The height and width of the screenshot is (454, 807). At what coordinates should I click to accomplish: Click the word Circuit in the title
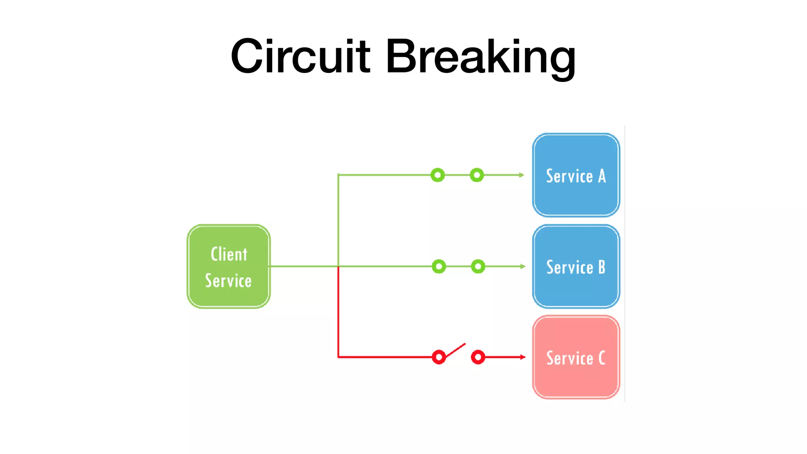coord(300,56)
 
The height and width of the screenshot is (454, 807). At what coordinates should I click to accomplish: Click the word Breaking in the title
coord(481,56)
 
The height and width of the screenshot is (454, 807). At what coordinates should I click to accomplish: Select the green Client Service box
coord(229,266)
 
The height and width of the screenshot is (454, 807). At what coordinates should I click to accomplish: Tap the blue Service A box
coord(576,175)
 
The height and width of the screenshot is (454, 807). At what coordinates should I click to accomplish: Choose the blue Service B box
coord(576,266)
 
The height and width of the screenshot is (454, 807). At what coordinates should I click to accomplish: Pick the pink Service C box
coord(576,357)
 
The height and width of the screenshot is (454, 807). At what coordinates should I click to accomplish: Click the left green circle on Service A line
coord(437,175)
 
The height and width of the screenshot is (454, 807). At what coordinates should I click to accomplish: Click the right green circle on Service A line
coord(477,175)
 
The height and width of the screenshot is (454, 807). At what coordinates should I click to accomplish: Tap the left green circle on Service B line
coord(439,266)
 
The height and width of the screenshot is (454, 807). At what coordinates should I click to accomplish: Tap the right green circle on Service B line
coord(478,266)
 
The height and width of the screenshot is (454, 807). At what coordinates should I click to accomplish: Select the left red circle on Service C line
coord(439,357)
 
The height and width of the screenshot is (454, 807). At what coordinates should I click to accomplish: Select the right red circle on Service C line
coord(478,357)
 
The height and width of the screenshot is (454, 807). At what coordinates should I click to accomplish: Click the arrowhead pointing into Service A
coord(522,175)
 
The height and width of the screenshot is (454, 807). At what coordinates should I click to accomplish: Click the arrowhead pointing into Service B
coord(523,266)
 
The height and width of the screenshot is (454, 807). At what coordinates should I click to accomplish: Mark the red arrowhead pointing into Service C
coord(523,357)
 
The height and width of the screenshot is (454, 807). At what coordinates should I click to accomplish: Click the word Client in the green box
coord(229,254)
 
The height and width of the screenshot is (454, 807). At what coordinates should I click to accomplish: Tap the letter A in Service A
coord(602,176)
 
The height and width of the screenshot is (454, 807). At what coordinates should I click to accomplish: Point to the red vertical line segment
coord(338,311)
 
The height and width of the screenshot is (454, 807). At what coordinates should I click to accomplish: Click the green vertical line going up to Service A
coord(338,221)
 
